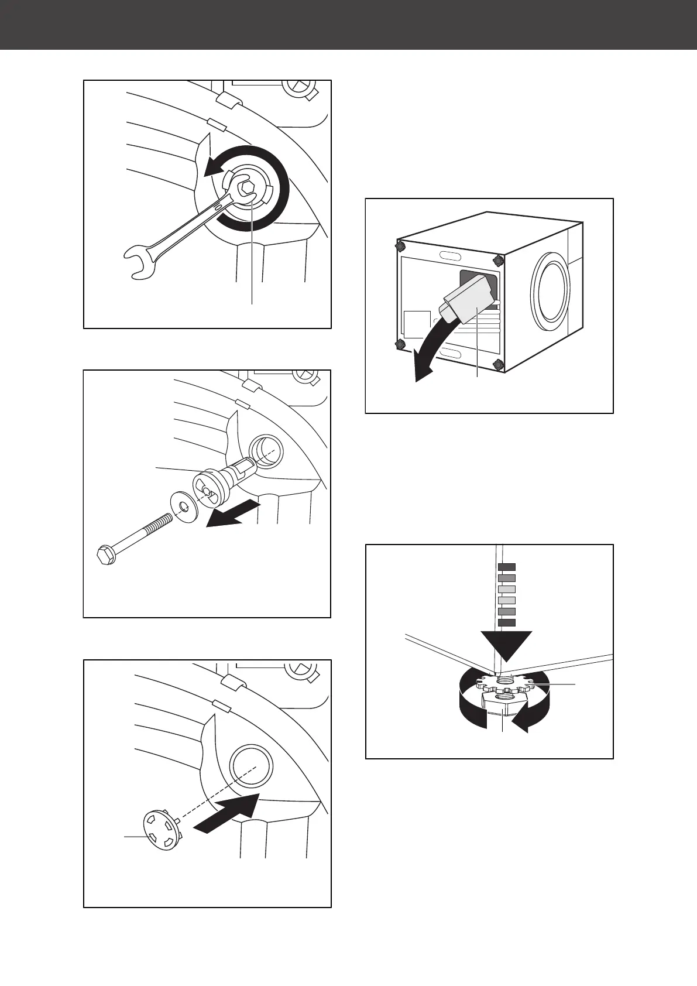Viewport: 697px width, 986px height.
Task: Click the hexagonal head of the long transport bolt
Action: (105, 554)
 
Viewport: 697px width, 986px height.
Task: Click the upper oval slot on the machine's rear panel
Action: (448, 256)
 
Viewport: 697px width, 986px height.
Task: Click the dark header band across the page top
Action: (348, 25)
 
